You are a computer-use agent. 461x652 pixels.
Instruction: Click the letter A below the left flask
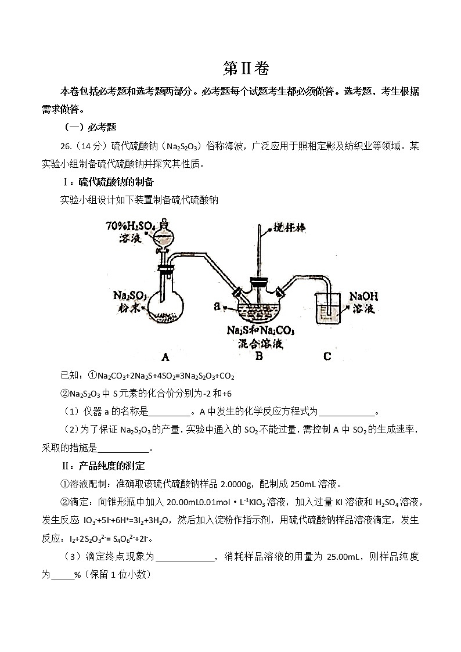point(165,355)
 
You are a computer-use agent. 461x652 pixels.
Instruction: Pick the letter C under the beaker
point(327,355)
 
